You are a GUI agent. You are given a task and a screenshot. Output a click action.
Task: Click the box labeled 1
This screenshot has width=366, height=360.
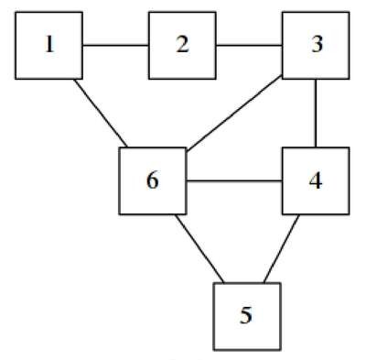tap(48, 46)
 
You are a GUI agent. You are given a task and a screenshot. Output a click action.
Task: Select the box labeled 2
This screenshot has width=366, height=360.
tap(182, 46)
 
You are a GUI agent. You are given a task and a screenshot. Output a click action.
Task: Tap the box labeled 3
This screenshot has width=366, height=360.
tap(316, 46)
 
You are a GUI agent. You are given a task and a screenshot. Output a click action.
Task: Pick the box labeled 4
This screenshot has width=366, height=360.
tap(316, 180)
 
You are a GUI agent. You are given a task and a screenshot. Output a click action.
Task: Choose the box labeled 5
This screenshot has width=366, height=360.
tap(247, 316)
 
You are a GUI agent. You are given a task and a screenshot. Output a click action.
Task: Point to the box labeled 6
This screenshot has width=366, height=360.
tap(153, 180)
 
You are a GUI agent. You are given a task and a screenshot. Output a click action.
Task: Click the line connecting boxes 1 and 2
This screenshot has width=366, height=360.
tap(116, 46)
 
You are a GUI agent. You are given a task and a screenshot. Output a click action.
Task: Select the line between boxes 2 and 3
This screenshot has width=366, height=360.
tap(249, 46)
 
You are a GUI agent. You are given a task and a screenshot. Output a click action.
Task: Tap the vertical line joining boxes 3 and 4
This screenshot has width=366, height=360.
tap(316, 114)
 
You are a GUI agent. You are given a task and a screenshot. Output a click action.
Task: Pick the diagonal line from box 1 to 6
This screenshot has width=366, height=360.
tap(101, 114)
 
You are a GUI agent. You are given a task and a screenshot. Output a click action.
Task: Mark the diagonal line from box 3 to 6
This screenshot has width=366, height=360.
tap(234, 114)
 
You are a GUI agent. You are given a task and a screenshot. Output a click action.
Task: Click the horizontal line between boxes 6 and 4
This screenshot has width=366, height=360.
tap(234, 181)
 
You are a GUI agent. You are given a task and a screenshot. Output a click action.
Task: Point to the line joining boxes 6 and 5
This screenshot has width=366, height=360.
tap(199, 249)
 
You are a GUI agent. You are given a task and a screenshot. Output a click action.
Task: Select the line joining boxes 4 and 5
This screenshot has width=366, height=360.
tap(282, 249)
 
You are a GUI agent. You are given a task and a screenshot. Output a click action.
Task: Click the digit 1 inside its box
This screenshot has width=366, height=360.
tap(49, 45)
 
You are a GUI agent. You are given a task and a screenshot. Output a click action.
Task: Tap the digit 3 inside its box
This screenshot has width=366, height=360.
tap(317, 45)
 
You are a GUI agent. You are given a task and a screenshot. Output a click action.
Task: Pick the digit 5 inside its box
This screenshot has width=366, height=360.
tap(246, 315)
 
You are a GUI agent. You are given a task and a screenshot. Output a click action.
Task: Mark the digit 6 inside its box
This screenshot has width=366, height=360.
tap(153, 180)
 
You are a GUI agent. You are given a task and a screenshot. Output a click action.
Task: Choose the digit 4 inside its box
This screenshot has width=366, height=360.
tap(316, 180)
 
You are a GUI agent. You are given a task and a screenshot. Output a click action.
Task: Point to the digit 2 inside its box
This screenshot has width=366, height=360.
tap(182, 45)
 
